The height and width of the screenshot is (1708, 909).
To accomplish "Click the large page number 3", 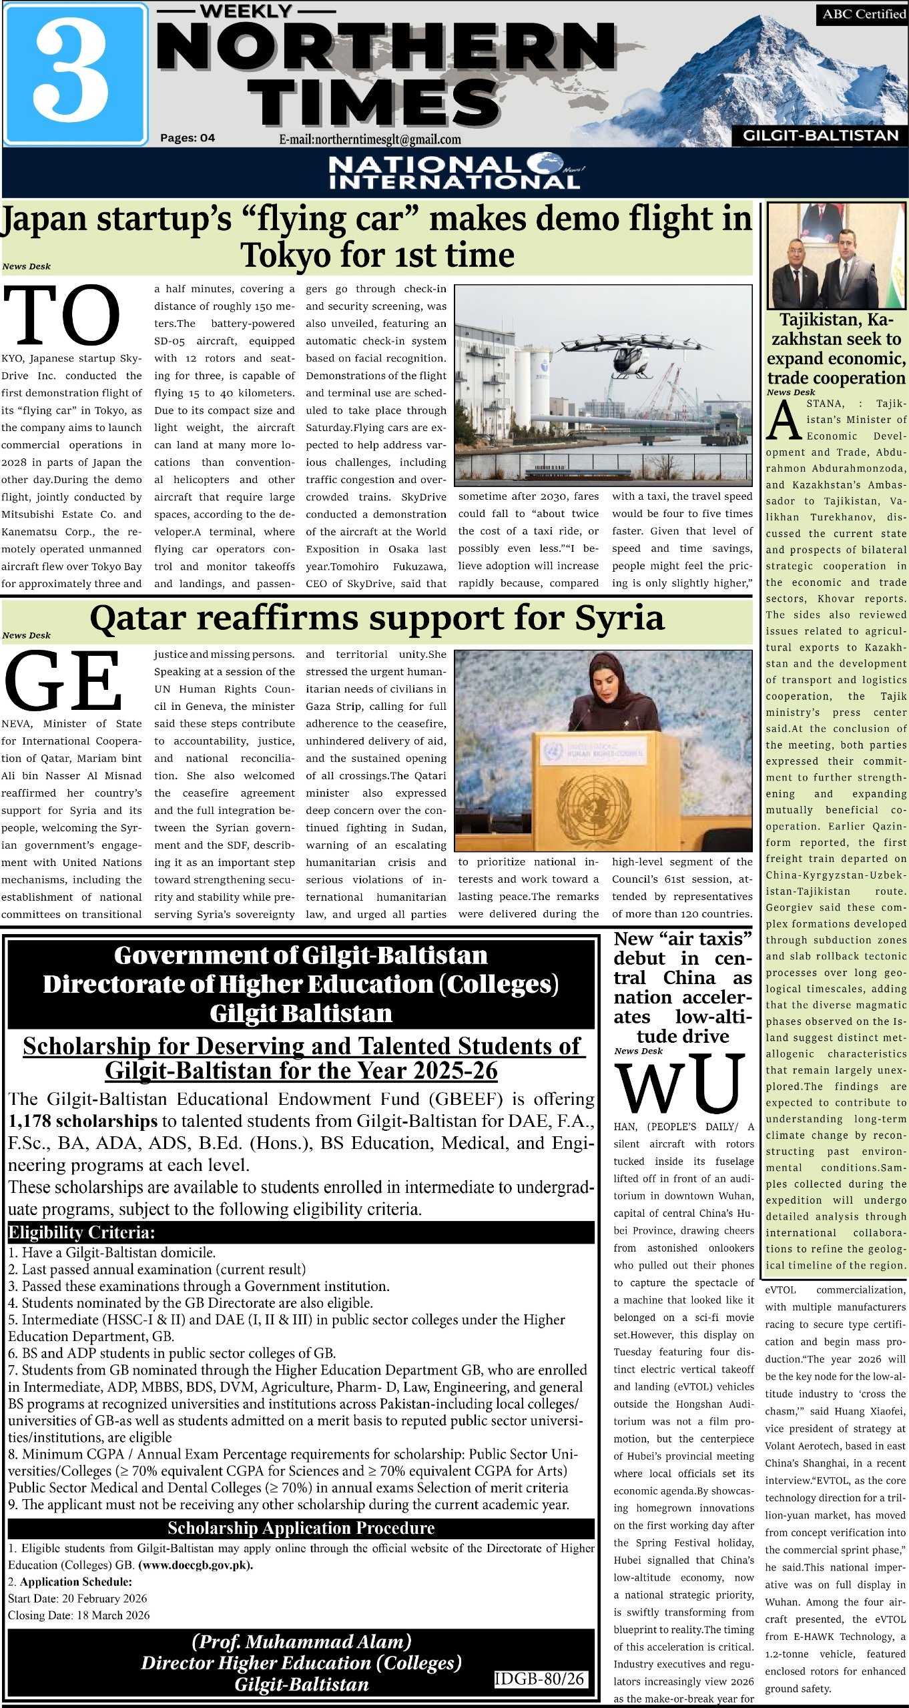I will pos(71,73).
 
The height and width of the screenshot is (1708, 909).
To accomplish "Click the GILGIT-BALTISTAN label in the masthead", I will pos(821,135).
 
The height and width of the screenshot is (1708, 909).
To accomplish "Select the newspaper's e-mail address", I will pos(370,139).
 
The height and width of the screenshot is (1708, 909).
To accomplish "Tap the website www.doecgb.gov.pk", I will pos(196,1565).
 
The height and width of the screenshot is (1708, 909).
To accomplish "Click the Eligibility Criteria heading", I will pos(81,1232).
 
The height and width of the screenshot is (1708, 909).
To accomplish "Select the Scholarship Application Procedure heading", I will pos(301,1527).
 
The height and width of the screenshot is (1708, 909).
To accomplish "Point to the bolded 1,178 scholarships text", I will pos(83,1121).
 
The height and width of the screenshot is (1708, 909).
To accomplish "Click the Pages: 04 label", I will pos(188,138).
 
